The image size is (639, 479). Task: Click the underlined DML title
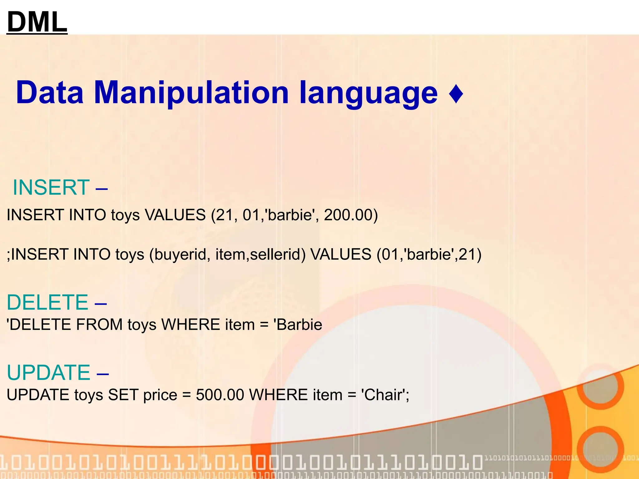[37, 22]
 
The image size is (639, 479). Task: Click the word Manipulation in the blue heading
[191, 93]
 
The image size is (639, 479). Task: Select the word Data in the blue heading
[50, 93]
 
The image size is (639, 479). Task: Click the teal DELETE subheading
[48, 302]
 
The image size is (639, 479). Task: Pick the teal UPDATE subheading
[49, 372]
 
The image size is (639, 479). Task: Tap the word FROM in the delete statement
[99, 325]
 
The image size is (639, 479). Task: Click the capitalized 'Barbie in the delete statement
[298, 325]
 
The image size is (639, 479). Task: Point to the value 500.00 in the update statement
[220, 395]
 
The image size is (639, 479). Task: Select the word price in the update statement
[160, 395]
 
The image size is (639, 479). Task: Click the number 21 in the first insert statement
[225, 215]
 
